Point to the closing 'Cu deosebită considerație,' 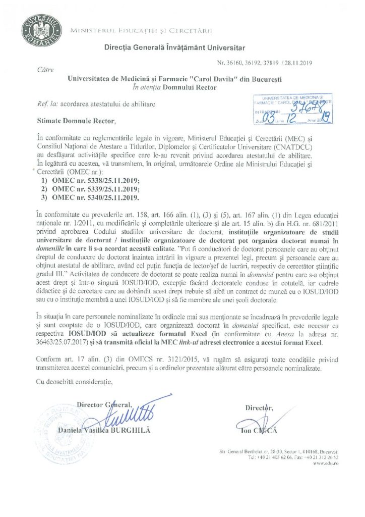77,381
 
